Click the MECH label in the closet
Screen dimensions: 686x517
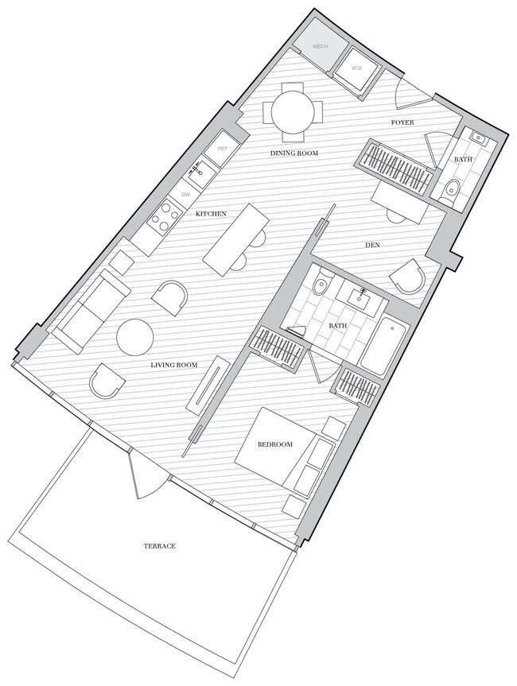[x=321, y=47]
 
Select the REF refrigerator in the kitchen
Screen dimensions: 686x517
[x=223, y=149]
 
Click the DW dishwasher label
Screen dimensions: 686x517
[x=185, y=194]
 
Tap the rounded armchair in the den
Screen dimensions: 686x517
[x=410, y=277]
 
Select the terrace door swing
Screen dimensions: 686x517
[x=148, y=476]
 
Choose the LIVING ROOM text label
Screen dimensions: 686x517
[x=173, y=366]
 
